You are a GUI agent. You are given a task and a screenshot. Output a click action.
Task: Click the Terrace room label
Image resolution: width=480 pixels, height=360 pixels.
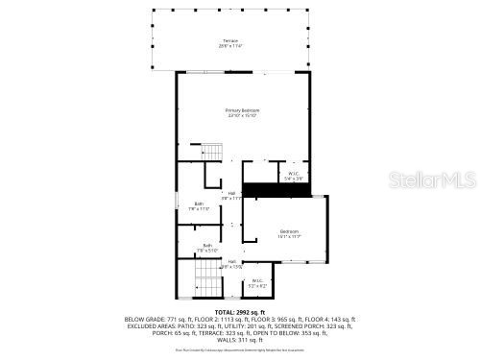point(230,40)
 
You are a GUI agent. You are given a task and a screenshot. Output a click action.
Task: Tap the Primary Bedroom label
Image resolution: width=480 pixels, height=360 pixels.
point(241,110)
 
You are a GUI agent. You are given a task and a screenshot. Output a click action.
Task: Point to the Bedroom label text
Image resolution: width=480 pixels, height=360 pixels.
point(289,231)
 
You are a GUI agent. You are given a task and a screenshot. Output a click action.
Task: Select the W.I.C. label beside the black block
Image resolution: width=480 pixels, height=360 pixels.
point(294,174)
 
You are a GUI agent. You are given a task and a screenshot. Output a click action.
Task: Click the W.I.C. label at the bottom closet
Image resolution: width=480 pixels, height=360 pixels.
point(257,280)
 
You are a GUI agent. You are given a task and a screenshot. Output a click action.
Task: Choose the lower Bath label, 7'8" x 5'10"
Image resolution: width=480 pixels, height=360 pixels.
point(207,246)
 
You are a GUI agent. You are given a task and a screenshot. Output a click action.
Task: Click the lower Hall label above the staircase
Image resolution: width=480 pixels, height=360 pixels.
point(231,261)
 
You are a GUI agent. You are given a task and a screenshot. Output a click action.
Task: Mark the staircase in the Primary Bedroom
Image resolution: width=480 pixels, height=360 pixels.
point(210,152)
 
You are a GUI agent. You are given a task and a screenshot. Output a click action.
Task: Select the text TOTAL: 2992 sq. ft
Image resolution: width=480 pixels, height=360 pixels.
point(240,313)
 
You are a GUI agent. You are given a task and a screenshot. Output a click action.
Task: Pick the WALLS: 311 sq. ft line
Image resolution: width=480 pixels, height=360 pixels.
point(240,339)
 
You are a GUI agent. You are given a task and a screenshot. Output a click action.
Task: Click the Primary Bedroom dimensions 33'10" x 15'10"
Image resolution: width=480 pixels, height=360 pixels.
point(241,115)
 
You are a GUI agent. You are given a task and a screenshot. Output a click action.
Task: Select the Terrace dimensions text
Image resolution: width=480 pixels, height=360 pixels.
point(230,45)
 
